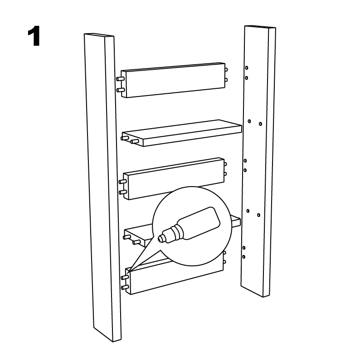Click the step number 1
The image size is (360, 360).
(x=34, y=36)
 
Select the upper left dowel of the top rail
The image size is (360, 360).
(x=120, y=79)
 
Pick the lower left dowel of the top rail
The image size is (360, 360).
(x=121, y=90)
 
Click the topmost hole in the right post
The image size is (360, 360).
(x=247, y=68)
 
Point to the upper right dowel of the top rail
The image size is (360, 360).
(x=226, y=69)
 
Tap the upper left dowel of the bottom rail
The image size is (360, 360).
(x=125, y=277)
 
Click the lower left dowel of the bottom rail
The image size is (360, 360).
(x=125, y=287)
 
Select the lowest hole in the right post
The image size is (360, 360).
(x=243, y=257)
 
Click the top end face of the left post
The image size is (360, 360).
(x=99, y=35)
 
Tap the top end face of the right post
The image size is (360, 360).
(x=260, y=27)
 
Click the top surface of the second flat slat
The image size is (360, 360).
(x=182, y=129)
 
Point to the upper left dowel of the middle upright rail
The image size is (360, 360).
(x=122, y=182)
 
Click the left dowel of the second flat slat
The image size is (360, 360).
(x=125, y=138)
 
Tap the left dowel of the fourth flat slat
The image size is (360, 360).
(x=127, y=237)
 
